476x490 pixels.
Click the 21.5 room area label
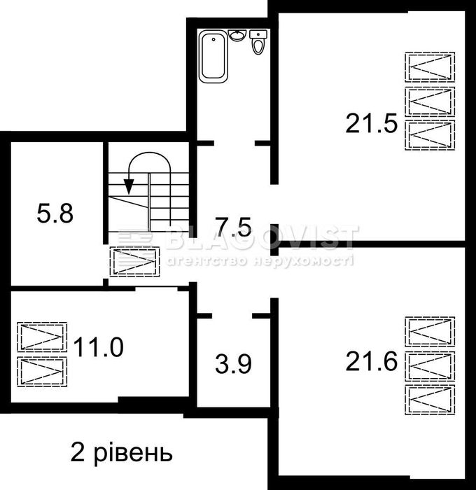point(371,124)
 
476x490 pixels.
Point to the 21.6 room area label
point(371,362)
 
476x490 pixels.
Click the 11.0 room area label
point(99,346)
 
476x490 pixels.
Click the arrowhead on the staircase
point(129,185)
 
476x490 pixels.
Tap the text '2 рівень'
point(121,452)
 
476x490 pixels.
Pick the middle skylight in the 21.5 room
point(429,101)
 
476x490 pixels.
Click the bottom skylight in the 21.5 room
point(429,134)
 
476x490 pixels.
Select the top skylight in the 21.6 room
point(429,332)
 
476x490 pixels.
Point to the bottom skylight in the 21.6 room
point(429,400)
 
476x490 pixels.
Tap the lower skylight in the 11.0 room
point(42,371)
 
